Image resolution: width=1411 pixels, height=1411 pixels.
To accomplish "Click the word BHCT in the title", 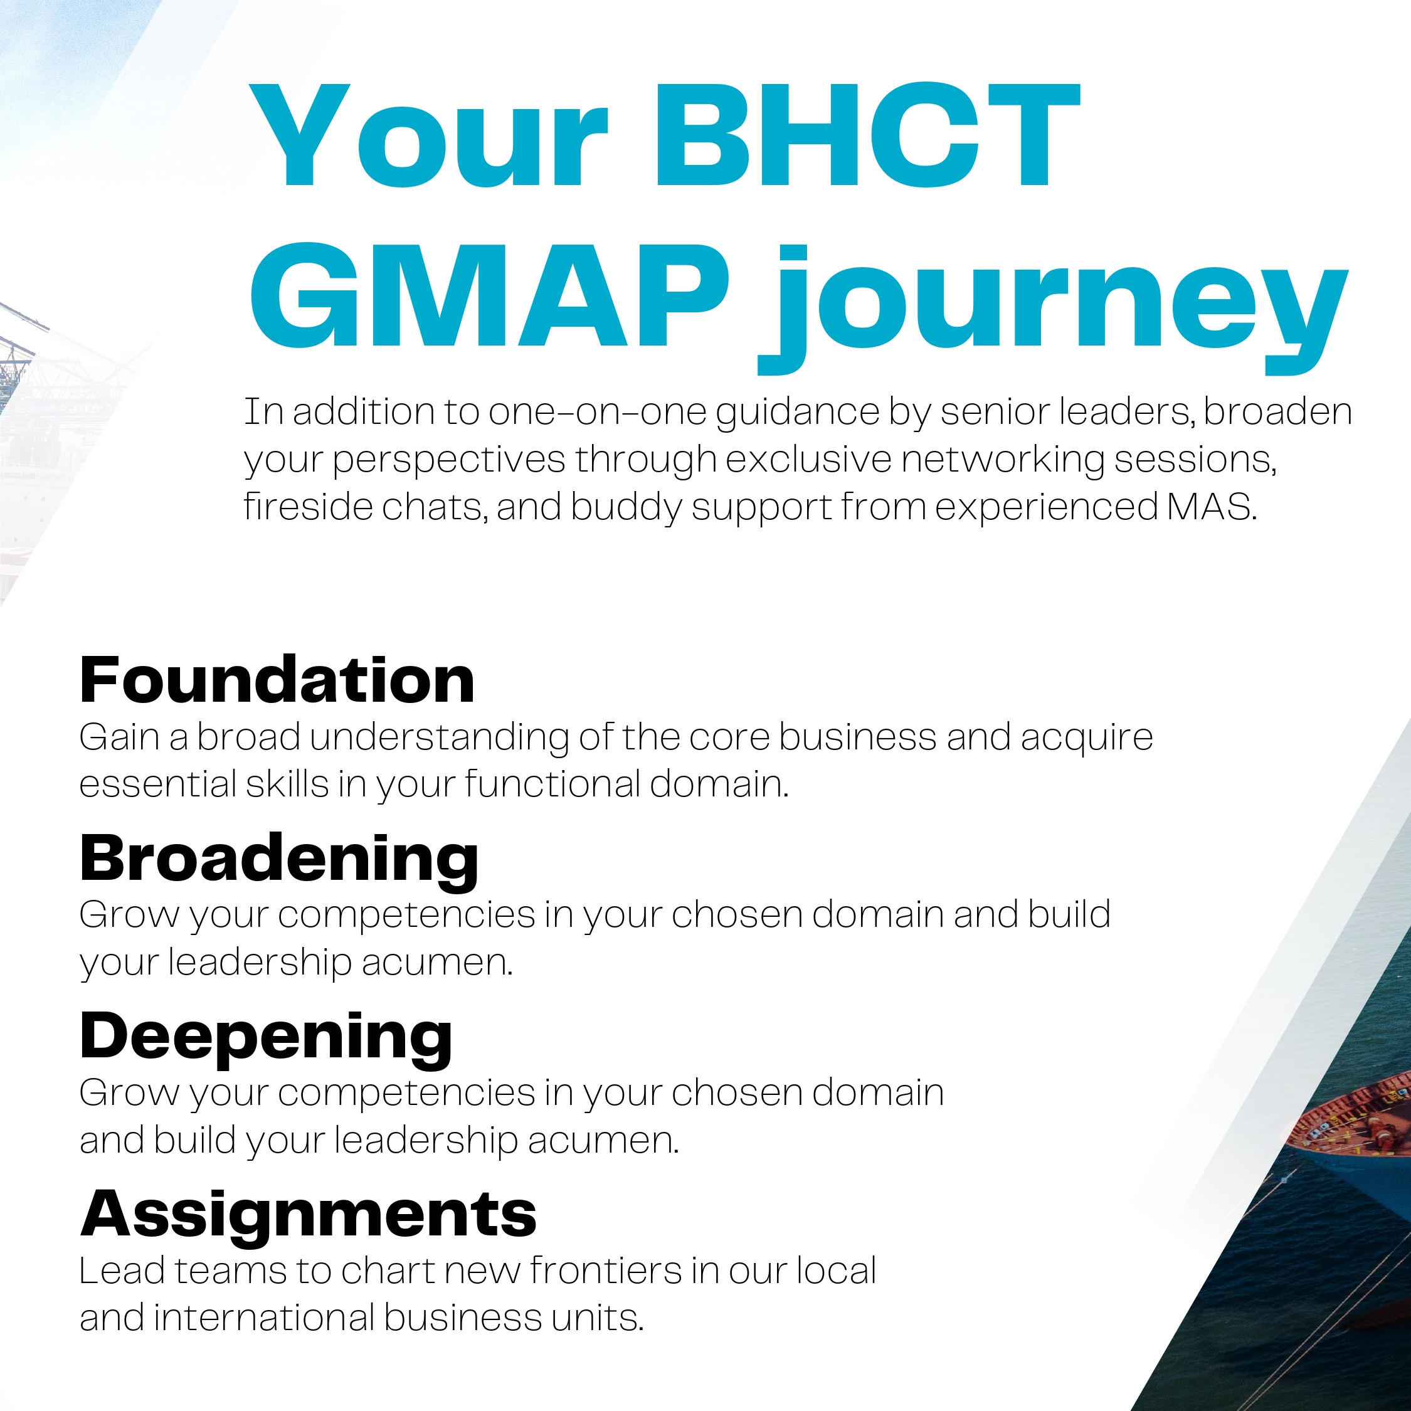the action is (867, 136).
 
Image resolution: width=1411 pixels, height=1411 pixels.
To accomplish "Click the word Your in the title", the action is (428, 136).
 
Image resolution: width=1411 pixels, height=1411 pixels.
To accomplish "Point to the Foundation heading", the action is (278, 680).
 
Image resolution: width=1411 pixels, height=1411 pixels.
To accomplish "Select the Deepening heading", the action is (266, 1039).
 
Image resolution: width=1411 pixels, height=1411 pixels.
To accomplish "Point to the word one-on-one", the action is (598, 412).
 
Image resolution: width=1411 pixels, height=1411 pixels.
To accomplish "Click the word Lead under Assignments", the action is (122, 1272).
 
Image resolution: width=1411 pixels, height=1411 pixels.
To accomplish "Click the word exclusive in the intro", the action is (808, 460).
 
